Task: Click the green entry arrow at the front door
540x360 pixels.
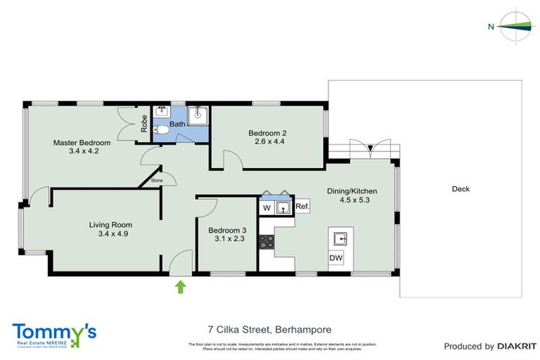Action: click(180, 285)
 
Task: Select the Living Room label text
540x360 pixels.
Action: click(108, 229)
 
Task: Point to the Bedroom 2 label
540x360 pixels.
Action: click(267, 136)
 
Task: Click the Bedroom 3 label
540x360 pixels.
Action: click(226, 233)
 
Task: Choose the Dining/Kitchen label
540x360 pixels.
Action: click(352, 195)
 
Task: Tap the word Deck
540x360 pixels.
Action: click(461, 189)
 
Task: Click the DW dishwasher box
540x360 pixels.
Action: click(337, 258)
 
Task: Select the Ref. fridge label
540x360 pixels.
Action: click(302, 207)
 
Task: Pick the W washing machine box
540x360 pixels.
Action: click(266, 207)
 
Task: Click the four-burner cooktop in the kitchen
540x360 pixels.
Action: click(267, 243)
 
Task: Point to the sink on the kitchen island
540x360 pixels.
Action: click(337, 237)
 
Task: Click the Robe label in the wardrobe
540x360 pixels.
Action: click(144, 124)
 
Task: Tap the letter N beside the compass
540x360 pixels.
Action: click(491, 27)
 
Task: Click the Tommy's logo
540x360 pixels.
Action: click(54, 334)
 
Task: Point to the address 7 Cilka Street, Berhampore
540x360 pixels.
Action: click(269, 329)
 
